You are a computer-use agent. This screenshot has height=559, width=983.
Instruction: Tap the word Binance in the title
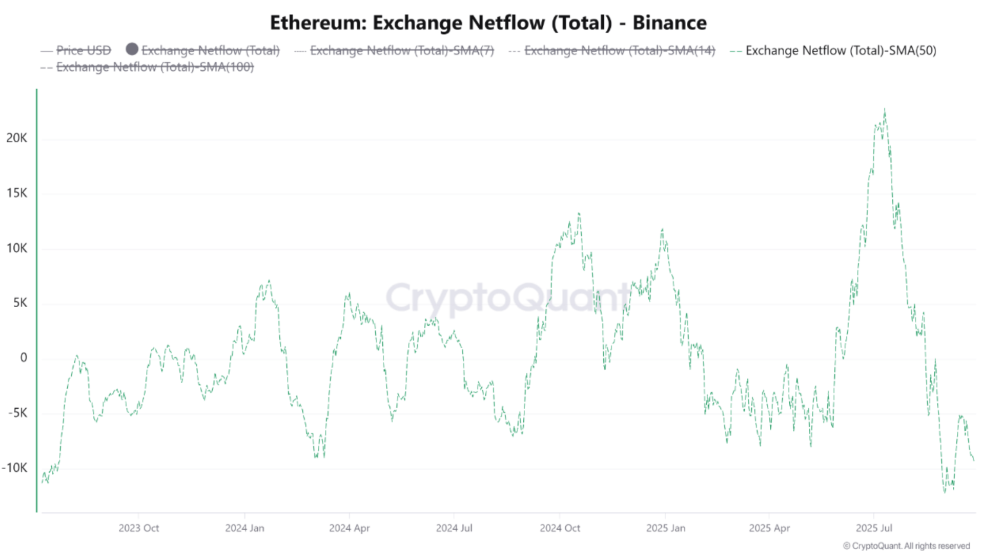coord(669,23)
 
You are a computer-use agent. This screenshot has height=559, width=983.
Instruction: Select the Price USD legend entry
coord(83,51)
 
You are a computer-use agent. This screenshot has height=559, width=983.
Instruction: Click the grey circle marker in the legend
coord(132,49)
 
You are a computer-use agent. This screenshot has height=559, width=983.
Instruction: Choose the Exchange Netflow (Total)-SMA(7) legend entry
coord(401,51)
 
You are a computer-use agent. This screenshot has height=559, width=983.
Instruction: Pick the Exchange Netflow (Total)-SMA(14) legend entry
coord(619,51)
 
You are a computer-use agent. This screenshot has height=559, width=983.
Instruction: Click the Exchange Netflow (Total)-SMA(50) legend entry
coord(841,51)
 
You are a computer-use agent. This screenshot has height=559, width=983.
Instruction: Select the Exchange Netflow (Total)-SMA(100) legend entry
coord(155,67)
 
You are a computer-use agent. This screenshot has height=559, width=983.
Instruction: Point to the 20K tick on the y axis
coord(17,138)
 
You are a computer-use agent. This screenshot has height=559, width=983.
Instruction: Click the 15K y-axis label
coord(17,193)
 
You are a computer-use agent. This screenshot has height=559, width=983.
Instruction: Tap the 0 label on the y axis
coord(24,358)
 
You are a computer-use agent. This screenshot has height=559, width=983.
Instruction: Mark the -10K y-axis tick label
coord(15,468)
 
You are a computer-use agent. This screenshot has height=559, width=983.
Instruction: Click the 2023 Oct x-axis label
coord(139,528)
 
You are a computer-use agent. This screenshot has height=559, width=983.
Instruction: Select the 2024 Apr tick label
coord(349,528)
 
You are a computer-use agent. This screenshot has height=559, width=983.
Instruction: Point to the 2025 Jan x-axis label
coord(665,528)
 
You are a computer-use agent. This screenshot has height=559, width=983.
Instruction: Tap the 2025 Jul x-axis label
coord(874,528)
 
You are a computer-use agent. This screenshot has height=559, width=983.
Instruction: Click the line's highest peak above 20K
coord(884,110)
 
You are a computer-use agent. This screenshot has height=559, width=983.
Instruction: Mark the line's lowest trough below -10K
coord(945,492)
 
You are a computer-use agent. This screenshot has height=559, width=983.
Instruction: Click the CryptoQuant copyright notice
coord(906,546)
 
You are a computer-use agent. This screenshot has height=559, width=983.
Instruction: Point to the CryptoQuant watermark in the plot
coord(507,297)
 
